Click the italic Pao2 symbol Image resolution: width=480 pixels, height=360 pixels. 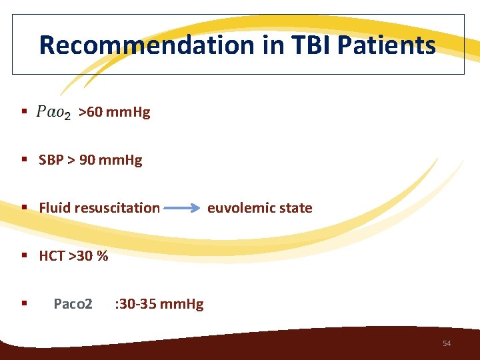pyautogui.click(x=53, y=113)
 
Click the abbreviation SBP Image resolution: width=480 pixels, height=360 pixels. pyautogui.click(x=51, y=161)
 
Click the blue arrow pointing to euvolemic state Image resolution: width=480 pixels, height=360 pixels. pyautogui.click(x=182, y=208)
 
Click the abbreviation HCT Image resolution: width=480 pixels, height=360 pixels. pyautogui.click(x=52, y=256)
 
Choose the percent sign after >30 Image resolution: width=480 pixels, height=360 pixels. pyautogui.click(x=102, y=256)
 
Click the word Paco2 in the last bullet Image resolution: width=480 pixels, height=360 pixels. pyautogui.click(x=73, y=305)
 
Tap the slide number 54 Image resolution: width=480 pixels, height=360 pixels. pyautogui.click(x=447, y=343)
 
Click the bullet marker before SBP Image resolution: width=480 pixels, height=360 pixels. pyautogui.click(x=23, y=161)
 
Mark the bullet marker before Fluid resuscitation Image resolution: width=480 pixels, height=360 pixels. pyautogui.click(x=23, y=208)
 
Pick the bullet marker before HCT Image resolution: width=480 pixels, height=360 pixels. pyautogui.click(x=23, y=256)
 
